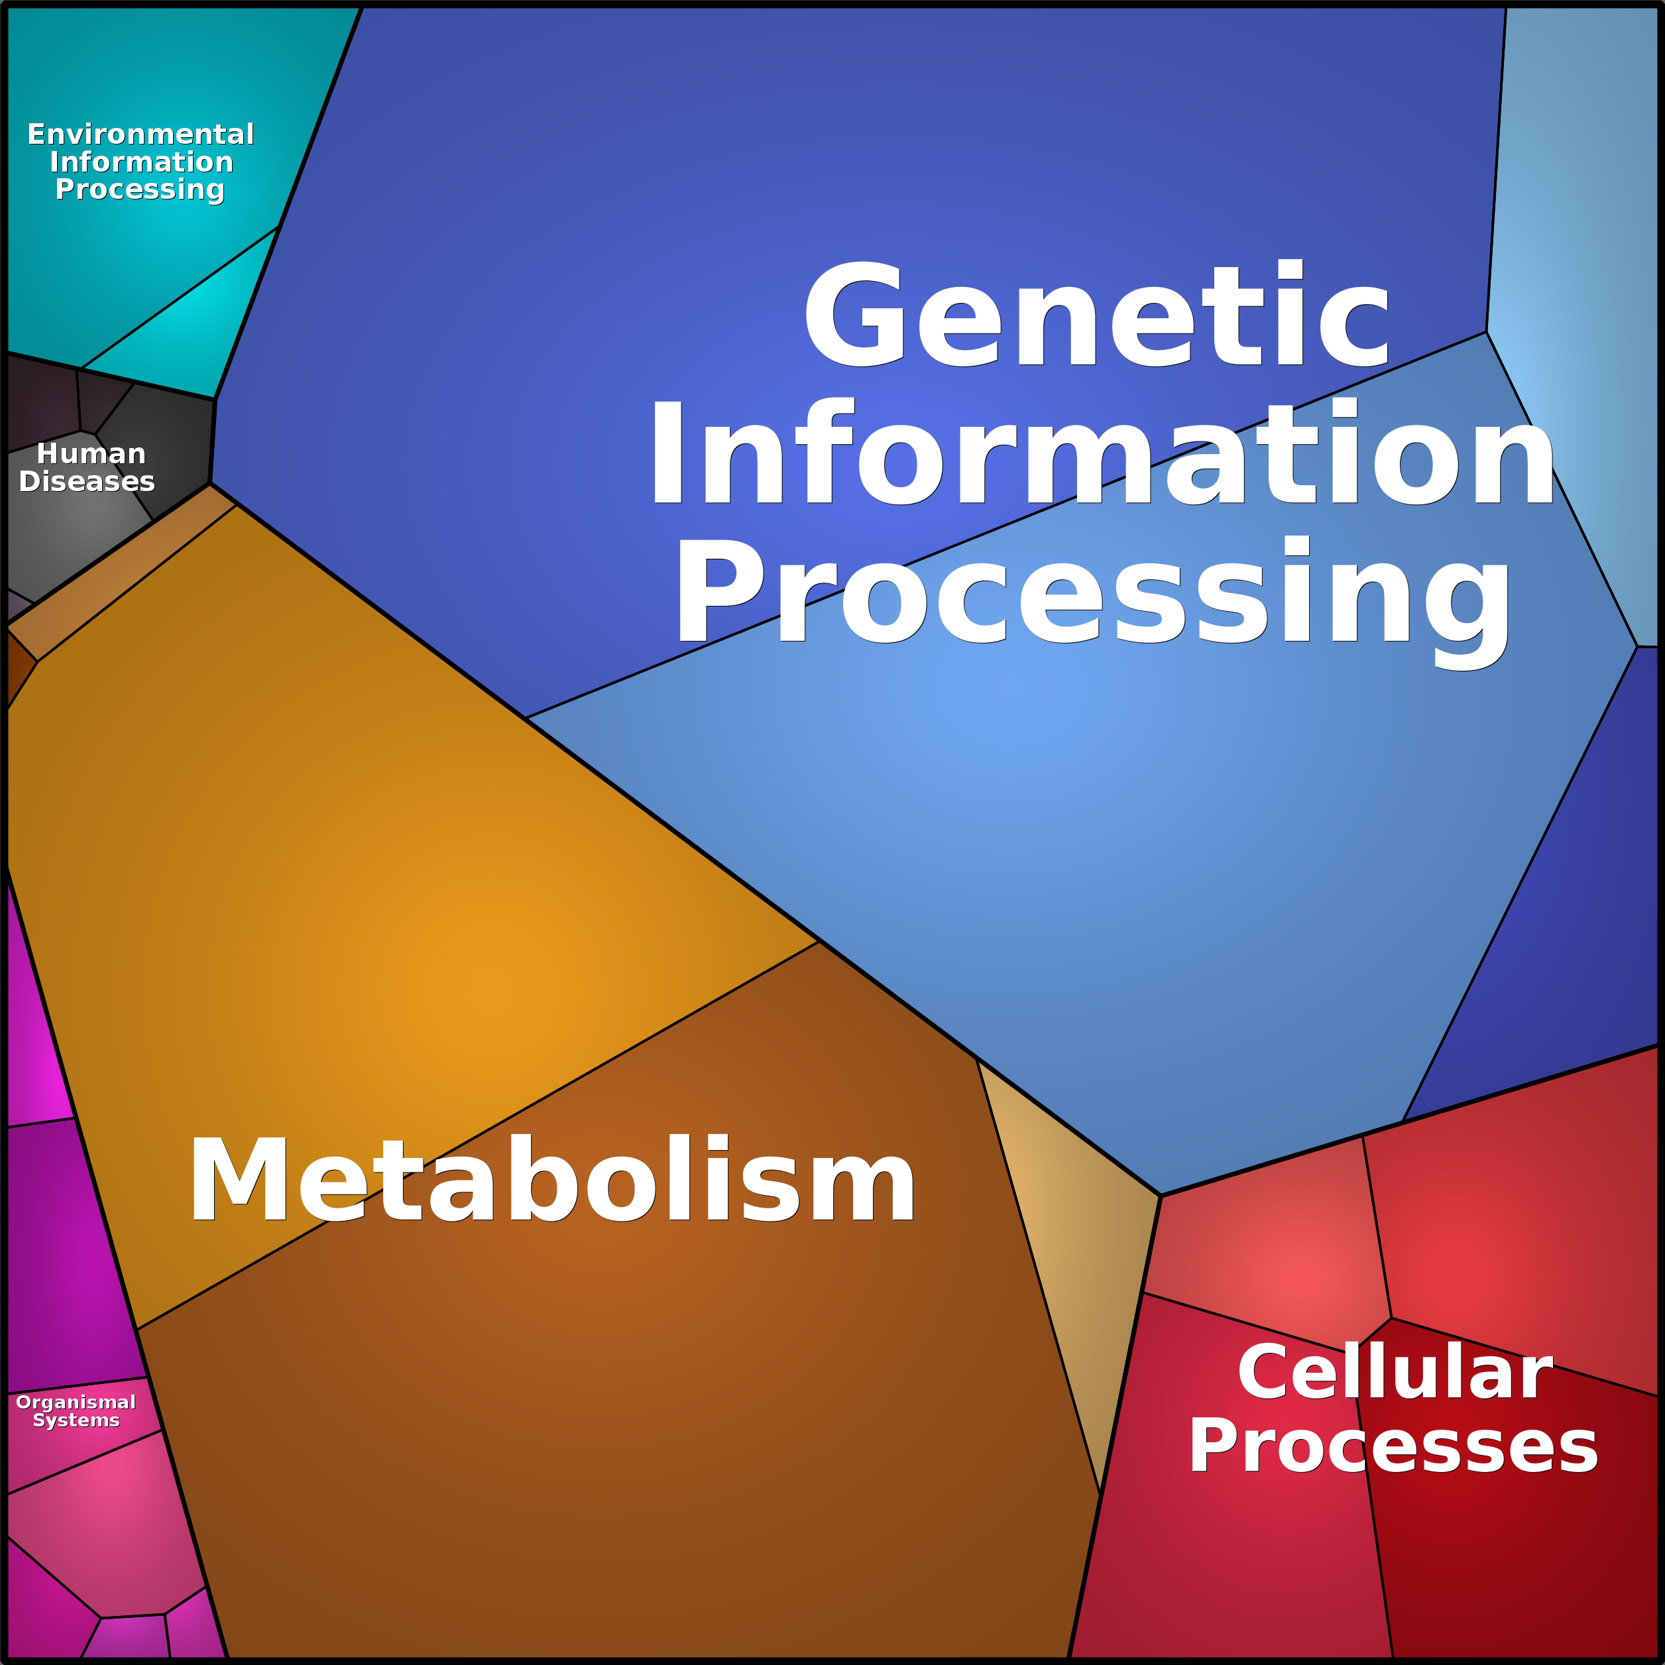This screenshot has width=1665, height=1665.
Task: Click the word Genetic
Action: [1096, 315]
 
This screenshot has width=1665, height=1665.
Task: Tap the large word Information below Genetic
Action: [1102, 454]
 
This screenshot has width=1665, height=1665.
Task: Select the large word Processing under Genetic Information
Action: [1093, 593]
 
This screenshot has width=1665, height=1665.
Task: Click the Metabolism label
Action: [551, 1180]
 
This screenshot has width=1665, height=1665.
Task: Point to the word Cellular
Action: [1395, 1372]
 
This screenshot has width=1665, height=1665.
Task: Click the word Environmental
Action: [141, 135]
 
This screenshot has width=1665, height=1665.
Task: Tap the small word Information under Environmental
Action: [141, 162]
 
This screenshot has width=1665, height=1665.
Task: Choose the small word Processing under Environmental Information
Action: [140, 189]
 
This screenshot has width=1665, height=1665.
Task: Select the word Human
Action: [91, 453]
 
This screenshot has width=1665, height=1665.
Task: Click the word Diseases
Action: [87, 481]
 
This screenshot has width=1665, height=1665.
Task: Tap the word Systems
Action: [76, 1420]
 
